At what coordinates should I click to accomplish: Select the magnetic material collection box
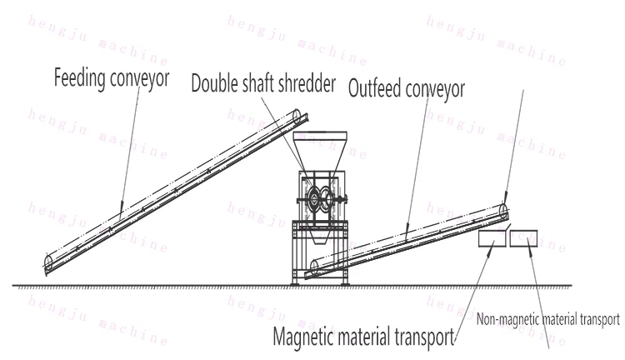[492, 239]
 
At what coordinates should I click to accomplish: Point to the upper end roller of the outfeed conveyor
[504, 209]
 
